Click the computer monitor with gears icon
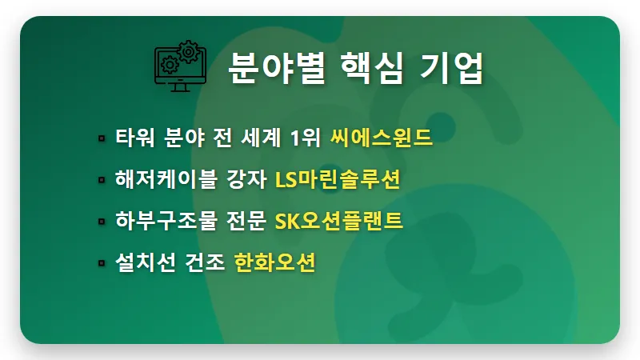[180, 67]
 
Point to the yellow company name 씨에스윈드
[382, 138]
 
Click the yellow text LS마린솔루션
[337, 180]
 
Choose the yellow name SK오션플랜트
[338, 222]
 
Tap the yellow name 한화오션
[275, 263]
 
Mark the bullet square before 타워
[102, 138]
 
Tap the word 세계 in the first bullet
[261, 138]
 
